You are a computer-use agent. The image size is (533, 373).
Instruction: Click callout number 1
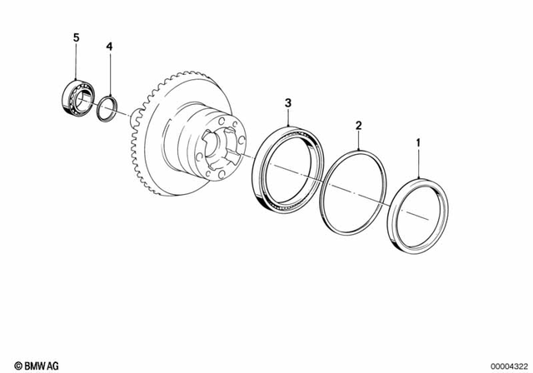[x=417, y=143]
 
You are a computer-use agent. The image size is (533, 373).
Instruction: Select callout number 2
[x=359, y=126]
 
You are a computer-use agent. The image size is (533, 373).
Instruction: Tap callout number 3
[x=288, y=102]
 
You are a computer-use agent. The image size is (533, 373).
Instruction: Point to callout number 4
[x=108, y=47]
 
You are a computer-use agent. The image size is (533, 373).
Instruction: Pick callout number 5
[x=76, y=38]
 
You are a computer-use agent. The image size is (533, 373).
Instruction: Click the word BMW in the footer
[x=30, y=364]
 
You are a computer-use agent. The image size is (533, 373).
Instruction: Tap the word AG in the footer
[x=52, y=364]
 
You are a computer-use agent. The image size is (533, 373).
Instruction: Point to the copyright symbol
[x=8, y=364]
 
